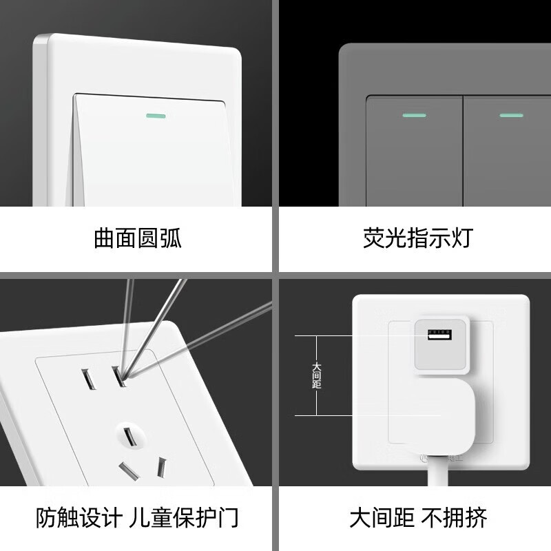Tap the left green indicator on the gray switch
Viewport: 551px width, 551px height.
[413, 114]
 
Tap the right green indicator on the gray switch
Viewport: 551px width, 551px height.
[510, 114]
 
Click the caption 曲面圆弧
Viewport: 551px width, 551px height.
[138, 238]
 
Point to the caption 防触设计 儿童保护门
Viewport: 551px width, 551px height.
[138, 517]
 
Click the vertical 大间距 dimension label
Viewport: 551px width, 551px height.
[316, 375]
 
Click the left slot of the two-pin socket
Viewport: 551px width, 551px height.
[87, 378]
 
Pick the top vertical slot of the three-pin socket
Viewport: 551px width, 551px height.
[127, 436]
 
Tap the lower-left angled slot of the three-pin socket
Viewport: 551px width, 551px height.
[127, 472]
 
